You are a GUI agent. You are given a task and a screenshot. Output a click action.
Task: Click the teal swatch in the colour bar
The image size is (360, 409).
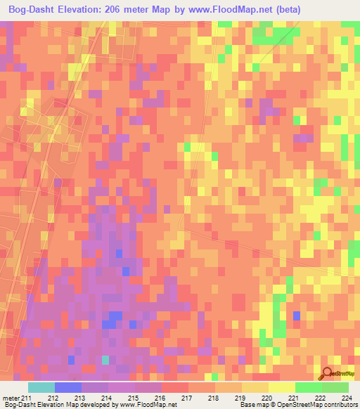41,388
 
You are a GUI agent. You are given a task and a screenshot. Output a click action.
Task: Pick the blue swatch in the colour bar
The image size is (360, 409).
68,388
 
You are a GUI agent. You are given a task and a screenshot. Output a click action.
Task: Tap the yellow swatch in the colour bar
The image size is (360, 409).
281,388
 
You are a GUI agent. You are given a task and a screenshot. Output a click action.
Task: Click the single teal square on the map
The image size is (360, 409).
106,360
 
